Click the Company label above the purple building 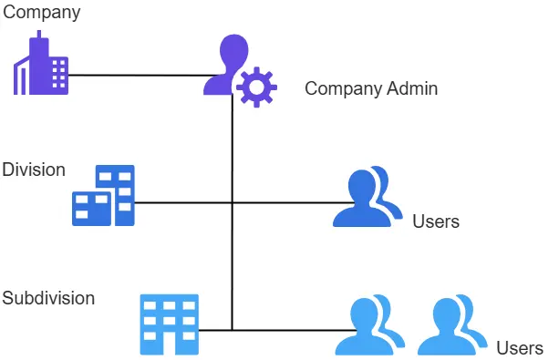pos(42,13)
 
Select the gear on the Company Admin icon pos(256,87)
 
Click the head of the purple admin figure pos(233,49)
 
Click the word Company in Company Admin pos(340,88)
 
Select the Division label pos(34,170)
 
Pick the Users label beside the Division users pos(435,221)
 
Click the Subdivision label pos(48,298)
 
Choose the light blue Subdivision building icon pos(169,324)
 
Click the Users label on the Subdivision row pos(520,347)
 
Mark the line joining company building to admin pos(137,75)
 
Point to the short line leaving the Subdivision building pos(215,330)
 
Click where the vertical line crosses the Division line pos(233,202)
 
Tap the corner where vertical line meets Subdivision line pos(233,330)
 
